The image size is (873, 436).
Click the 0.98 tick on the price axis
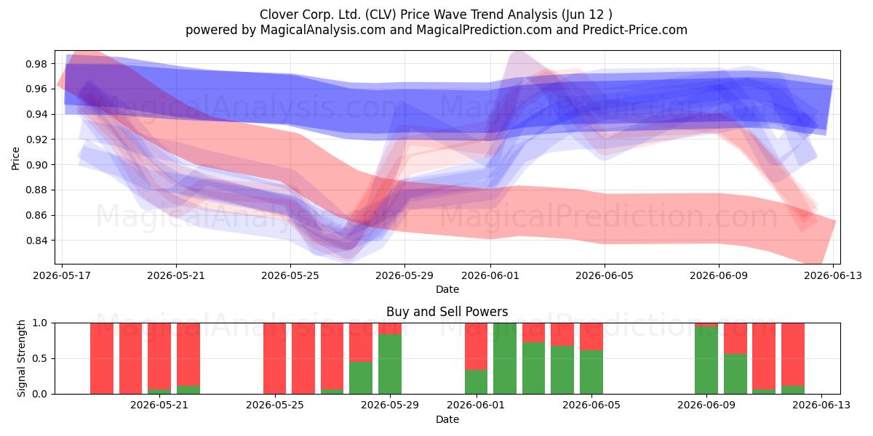(x=36, y=64)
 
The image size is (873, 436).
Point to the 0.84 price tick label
(x=36, y=241)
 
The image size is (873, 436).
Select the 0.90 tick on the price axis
(x=36, y=165)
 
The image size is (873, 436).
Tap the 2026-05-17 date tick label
(x=62, y=275)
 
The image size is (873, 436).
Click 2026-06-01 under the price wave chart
(x=490, y=275)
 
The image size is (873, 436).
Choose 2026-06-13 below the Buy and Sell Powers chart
(x=821, y=405)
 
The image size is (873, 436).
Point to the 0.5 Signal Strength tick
(x=40, y=358)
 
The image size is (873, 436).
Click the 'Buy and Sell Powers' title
(x=447, y=312)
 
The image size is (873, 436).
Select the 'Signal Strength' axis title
(x=21, y=358)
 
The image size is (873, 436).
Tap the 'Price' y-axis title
(x=15, y=158)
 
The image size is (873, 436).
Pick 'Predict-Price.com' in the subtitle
(x=635, y=30)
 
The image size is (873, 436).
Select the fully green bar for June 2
(x=505, y=358)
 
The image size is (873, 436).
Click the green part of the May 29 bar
(x=390, y=364)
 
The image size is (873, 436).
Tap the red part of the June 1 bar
(x=476, y=346)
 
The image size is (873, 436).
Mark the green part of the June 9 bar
(x=706, y=360)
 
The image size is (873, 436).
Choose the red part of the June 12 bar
(x=793, y=355)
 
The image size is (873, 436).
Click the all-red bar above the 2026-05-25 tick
(x=274, y=358)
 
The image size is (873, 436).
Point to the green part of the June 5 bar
(x=591, y=372)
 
